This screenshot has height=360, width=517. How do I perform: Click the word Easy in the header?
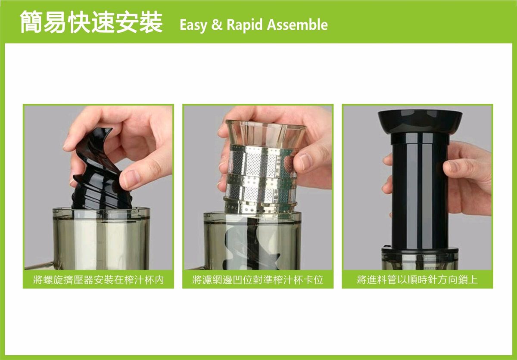pos(193,25)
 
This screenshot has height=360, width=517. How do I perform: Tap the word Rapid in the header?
pos(245,25)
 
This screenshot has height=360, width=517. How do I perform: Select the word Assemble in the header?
pos(297,25)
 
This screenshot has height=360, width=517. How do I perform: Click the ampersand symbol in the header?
pos(217,25)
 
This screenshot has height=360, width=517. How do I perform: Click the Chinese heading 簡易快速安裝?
pos(91,22)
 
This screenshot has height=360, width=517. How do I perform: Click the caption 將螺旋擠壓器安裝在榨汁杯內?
pos(99,280)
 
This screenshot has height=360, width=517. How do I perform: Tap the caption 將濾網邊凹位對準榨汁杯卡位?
pos(258,280)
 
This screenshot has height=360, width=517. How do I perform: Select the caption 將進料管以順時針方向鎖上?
pos(417,280)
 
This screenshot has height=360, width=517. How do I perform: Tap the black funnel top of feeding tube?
pos(420,121)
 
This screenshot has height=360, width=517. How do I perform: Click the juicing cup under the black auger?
pos(101,239)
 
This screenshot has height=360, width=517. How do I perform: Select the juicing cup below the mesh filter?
pos(252,241)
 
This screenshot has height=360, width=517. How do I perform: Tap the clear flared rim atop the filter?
pos(266,133)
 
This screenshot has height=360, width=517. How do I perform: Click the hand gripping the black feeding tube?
pos(466,179)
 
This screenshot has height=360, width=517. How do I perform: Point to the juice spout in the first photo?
pos(39,265)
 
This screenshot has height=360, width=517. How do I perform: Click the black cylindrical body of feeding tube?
pos(420,192)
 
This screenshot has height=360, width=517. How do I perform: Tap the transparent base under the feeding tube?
pos(420,258)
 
